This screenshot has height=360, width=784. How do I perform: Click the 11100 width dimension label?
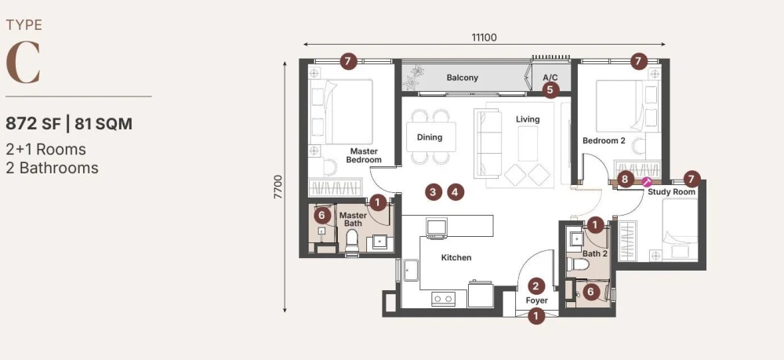coord(484,38)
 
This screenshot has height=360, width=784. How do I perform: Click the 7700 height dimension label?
coord(278,187)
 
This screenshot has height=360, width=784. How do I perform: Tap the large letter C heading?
coord(23,63)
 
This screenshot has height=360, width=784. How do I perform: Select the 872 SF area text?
coord(32,123)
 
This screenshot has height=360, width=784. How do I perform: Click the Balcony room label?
coord(462,78)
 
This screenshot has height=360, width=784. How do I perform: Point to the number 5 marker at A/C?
coord(550,90)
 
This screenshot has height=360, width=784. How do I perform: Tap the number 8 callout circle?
coord(625,179)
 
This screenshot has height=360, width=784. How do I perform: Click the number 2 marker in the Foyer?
coord(536,286)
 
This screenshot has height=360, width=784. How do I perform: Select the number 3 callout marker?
coord(433,191)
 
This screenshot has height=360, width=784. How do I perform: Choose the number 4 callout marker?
coord(455,191)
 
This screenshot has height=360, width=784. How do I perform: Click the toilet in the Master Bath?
coord(353,241)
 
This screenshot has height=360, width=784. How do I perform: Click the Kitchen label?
coord(456,257)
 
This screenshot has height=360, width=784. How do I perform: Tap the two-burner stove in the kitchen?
coord(444,299)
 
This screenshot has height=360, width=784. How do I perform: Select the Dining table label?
coord(430,137)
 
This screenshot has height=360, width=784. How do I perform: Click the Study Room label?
coord(672,191)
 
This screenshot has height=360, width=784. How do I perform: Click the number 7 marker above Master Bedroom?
coord(349,62)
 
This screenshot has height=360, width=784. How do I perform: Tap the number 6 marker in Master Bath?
coord(322,216)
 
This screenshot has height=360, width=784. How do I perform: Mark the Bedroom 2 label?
coord(604,140)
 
